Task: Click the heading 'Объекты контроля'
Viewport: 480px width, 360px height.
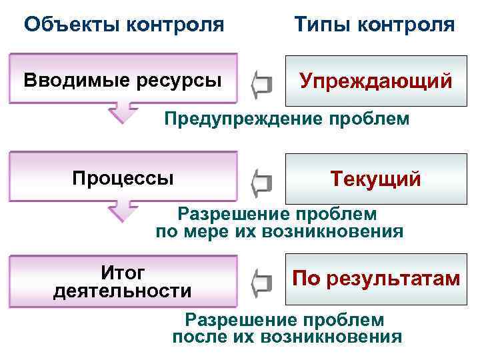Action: [123, 25]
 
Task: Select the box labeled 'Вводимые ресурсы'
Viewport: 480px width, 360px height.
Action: [123, 81]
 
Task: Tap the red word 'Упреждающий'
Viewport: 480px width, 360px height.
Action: [376, 81]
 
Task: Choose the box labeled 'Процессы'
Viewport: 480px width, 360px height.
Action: [123, 178]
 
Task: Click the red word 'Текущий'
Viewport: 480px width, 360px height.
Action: [376, 179]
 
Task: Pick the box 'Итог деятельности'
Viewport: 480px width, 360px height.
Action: [123, 281]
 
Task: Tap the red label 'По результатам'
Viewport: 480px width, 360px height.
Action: [376, 278]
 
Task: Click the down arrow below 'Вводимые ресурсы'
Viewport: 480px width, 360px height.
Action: [123, 112]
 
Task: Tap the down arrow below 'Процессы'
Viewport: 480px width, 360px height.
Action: [123, 210]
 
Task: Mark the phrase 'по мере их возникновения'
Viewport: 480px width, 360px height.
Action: [279, 232]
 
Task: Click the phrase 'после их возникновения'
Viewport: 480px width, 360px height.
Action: [287, 336]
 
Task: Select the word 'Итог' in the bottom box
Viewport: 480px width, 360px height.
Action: [123, 272]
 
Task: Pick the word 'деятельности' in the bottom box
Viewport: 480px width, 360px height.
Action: [123, 291]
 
